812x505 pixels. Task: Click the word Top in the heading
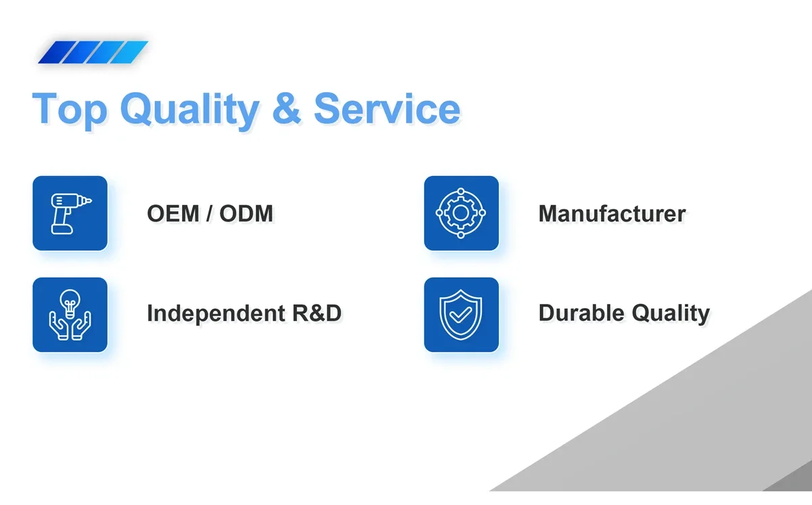(70, 109)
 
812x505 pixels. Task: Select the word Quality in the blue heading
(190, 109)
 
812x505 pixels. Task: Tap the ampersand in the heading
(286, 108)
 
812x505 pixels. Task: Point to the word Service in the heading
(387, 108)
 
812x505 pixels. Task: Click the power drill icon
(71, 214)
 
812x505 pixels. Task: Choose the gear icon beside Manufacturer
(461, 213)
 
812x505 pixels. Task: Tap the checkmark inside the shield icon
(460, 315)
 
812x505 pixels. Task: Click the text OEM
(173, 213)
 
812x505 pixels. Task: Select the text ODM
(246, 213)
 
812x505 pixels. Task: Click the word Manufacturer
(612, 213)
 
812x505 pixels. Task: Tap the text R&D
(317, 313)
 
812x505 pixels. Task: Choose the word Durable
(582, 313)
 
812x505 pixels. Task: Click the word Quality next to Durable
(671, 313)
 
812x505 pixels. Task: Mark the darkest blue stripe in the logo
(58, 52)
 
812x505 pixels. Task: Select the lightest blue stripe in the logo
(129, 52)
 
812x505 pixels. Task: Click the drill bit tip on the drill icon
(91, 200)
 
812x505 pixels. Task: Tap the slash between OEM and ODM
(209, 213)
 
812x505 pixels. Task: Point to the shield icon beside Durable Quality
(461, 315)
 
